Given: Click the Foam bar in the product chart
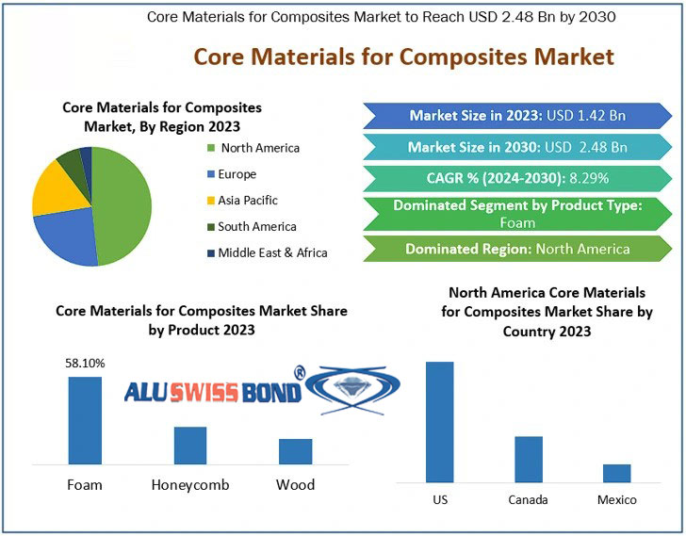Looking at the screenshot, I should pyautogui.click(x=85, y=420).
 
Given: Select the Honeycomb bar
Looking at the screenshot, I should pyautogui.click(x=190, y=445).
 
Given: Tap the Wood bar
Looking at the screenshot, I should pyautogui.click(x=295, y=451).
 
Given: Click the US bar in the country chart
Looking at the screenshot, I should pyautogui.click(x=439, y=422).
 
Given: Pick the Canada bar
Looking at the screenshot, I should pyautogui.click(x=529, y=459).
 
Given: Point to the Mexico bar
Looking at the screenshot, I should pyautogui.click(x=617, y=473).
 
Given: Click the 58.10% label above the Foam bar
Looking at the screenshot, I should pyautogui.click(x=85, y=363).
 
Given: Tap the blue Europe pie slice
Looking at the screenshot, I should pyautogui.click(x=63, y=237).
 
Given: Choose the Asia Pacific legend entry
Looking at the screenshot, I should pyautogui.click(x=247, y=200).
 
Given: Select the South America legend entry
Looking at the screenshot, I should pyautogui.click(x=256, y=226).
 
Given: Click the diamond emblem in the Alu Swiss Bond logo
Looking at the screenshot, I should pyautogui.click(x=353, y=387).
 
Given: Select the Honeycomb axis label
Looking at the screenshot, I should pyautogui.click(x=190, y=485).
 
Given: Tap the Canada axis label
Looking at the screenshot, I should pyautogui.click(x=528, y=499).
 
